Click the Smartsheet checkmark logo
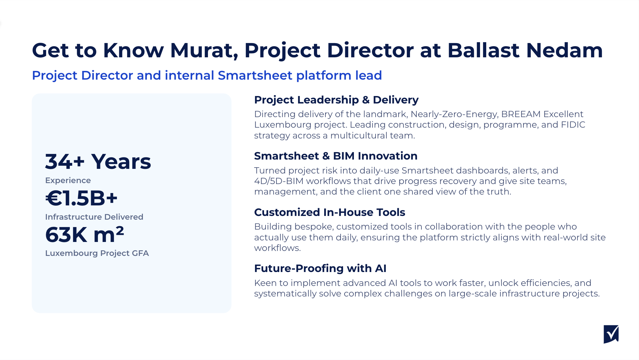tap(611, 334)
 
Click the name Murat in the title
tap(204, 50)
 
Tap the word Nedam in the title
tap(564, 50)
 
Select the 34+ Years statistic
tap(98, 162)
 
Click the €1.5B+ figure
tap(82, 198)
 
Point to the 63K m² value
tap(85, 235)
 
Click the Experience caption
tap(68, 180)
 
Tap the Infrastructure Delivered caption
tap(94, 217)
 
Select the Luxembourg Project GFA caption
tap(97, 253)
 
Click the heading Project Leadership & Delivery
tap(336, 100)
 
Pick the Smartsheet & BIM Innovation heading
tap(336, 156)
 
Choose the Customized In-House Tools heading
tap(329, 212)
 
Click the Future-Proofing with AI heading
tap(320, 268)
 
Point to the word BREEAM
tap(521, 114)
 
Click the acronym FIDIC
tap(573, 125)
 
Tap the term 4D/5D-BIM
tap(279, 181)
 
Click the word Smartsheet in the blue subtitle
tap(255, 75)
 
